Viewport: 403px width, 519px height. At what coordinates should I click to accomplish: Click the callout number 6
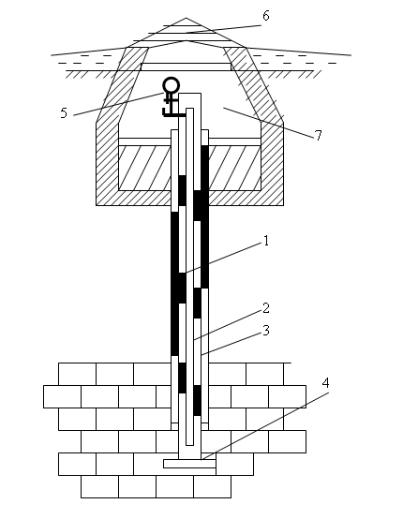[x=265, y=16]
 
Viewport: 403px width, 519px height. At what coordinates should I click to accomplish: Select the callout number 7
[x=318, y=136]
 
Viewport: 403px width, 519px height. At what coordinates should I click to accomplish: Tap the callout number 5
[x=64, y=113]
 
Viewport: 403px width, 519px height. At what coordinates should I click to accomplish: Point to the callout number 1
[x=266, y=241]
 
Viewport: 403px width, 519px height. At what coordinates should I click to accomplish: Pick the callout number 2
[x=266, y=308]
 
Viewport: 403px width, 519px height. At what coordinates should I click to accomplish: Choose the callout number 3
[x=266, y=331]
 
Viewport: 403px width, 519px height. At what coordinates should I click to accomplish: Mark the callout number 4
[x=326, y=383]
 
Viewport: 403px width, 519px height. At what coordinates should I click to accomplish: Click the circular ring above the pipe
[x=172, y=85]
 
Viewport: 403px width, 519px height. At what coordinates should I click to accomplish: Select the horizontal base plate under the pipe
[x=189, y=464]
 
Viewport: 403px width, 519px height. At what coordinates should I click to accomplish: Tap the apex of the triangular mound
[x=186, y=18]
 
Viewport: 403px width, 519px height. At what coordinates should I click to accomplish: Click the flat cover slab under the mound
[x=187, y=67]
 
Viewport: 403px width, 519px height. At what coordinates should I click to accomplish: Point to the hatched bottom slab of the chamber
[x=189, y=198]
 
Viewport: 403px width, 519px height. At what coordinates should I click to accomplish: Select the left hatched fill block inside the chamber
[x=145, y=168]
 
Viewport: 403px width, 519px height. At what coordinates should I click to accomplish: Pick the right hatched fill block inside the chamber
[x=235, y=168]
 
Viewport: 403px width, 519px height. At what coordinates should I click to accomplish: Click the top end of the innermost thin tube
[x=189, y=109]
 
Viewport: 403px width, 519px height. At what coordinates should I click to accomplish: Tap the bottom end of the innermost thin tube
[x=189, y=445]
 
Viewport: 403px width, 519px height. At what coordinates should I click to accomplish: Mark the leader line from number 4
[x=265, y=426]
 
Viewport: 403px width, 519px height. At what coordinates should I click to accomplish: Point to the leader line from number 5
[x=118, y=104]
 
